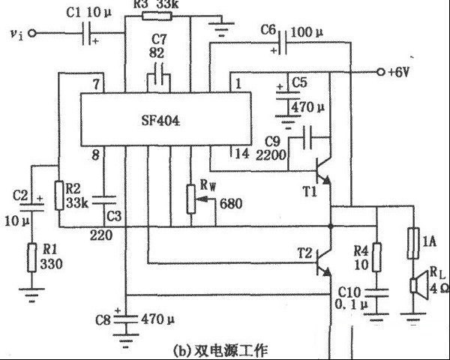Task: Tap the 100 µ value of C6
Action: [x=307, y=31]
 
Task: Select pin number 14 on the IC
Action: [x=241, y=154]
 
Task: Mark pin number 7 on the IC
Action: [x=95, y=82]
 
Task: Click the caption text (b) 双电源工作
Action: [x=213, y=349]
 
